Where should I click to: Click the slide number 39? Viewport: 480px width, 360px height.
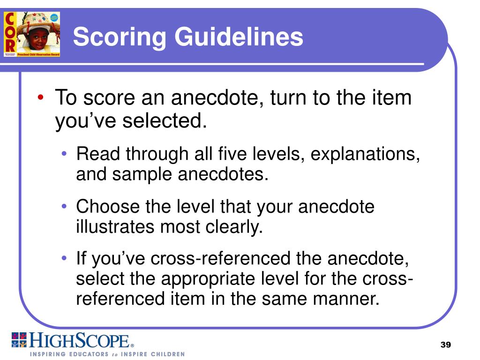445,345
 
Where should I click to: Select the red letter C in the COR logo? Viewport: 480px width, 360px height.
10,18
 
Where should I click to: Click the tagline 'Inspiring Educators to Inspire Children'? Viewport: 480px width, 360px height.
107,354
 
